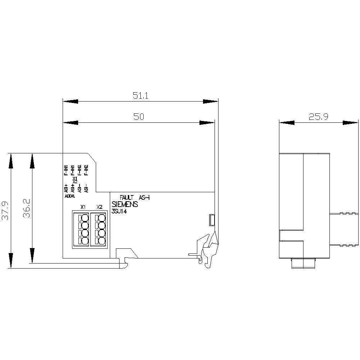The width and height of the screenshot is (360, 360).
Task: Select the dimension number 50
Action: point(139,117)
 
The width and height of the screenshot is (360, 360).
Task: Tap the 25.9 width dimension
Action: point(318,117)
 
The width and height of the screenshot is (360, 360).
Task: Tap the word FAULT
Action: point(127,198)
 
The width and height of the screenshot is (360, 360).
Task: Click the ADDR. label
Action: point(69,197)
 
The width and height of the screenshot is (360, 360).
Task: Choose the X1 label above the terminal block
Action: point(83,207)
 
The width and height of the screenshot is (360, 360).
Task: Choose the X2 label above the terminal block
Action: point(100,207)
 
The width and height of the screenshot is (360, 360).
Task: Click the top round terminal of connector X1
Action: point(85,218)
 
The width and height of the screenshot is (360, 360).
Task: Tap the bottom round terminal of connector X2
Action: point(102,242)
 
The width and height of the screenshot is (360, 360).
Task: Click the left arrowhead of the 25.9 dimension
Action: point(287,123)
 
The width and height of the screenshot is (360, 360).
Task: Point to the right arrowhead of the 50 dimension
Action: point(207,123)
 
